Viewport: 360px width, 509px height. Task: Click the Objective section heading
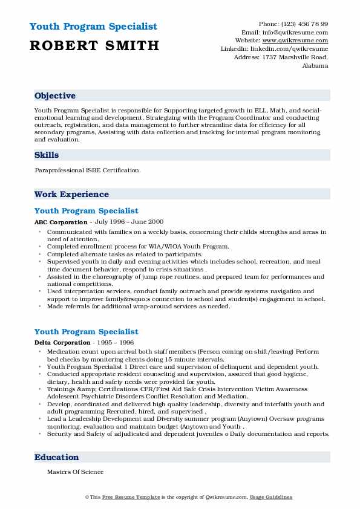click(55, 96)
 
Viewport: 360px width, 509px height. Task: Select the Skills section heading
click(47, 155)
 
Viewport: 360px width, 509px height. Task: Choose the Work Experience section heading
click(71, 195)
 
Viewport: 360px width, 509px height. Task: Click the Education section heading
click(57, 458)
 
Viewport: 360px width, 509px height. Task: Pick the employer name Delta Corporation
click(62, 343)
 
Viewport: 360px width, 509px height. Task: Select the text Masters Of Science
click(76, 472)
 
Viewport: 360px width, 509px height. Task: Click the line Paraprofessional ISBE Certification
click(88, 170)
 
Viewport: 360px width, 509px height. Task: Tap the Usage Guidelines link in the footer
click(271, 498)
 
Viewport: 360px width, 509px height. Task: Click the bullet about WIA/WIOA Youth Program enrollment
click(138, 247)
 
